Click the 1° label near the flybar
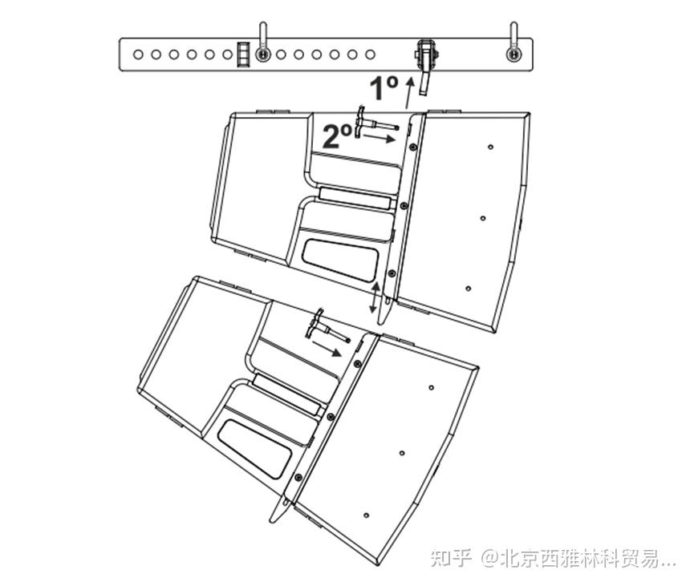[384, 87]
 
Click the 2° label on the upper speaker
[336, 135]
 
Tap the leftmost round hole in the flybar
[138, 55]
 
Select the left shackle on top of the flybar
[262, 45]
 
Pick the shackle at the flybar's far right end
[513, 45]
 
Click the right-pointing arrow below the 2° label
[379, 138]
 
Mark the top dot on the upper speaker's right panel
[490, 147]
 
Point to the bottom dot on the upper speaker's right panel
[468, 288]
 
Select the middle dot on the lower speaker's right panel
[402, 453]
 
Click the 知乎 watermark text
[451, 557]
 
